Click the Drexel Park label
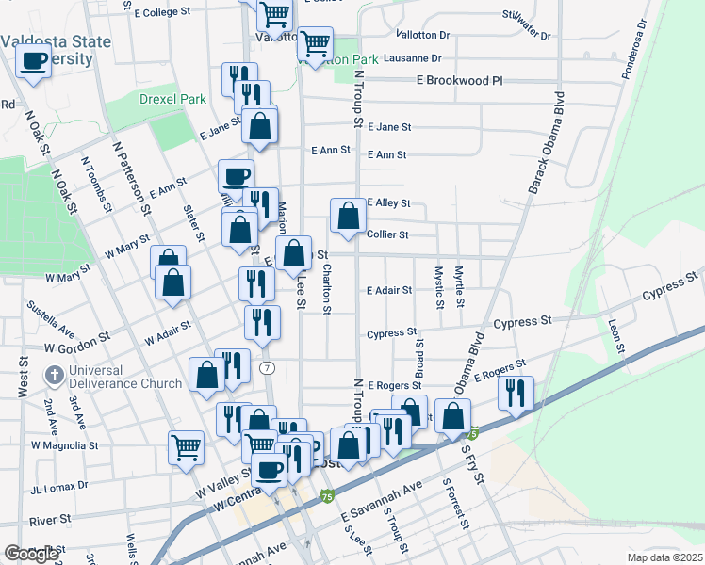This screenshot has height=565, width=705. click(145, 99)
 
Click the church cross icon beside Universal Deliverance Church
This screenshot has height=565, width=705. click(55, 377)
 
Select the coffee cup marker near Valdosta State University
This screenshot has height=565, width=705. click(35, 61)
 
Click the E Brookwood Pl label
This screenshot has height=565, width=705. click(460, 81)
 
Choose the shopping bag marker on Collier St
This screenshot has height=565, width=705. click(349, 216)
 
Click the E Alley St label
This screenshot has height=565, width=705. click(389, 202)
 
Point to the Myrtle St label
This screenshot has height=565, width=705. click(460, 286)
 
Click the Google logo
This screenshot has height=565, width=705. click(31, 554)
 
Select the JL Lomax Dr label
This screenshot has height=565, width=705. click(58, 486)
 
